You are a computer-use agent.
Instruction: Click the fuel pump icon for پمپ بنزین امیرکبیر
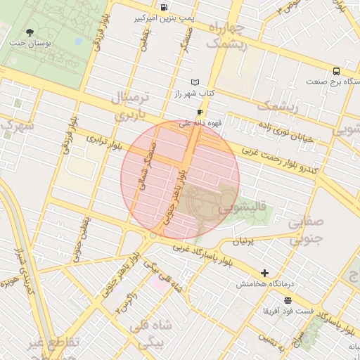(164, 7)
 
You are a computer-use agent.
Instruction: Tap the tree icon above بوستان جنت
(30, 32)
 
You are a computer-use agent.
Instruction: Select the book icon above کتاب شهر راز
(195, 82)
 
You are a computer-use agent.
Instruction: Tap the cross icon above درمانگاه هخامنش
(264, 273)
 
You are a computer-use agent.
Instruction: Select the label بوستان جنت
(27, 43)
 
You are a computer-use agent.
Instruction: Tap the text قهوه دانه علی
(201, 123)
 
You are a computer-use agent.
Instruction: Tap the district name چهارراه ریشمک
(226, 36)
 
